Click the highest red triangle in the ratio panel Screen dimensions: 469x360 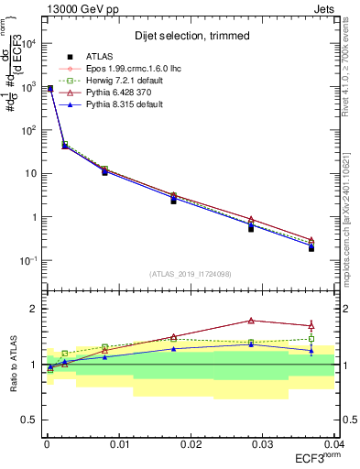click(x=251, y=321)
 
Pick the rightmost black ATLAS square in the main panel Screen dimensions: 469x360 click(x=311, y=248)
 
